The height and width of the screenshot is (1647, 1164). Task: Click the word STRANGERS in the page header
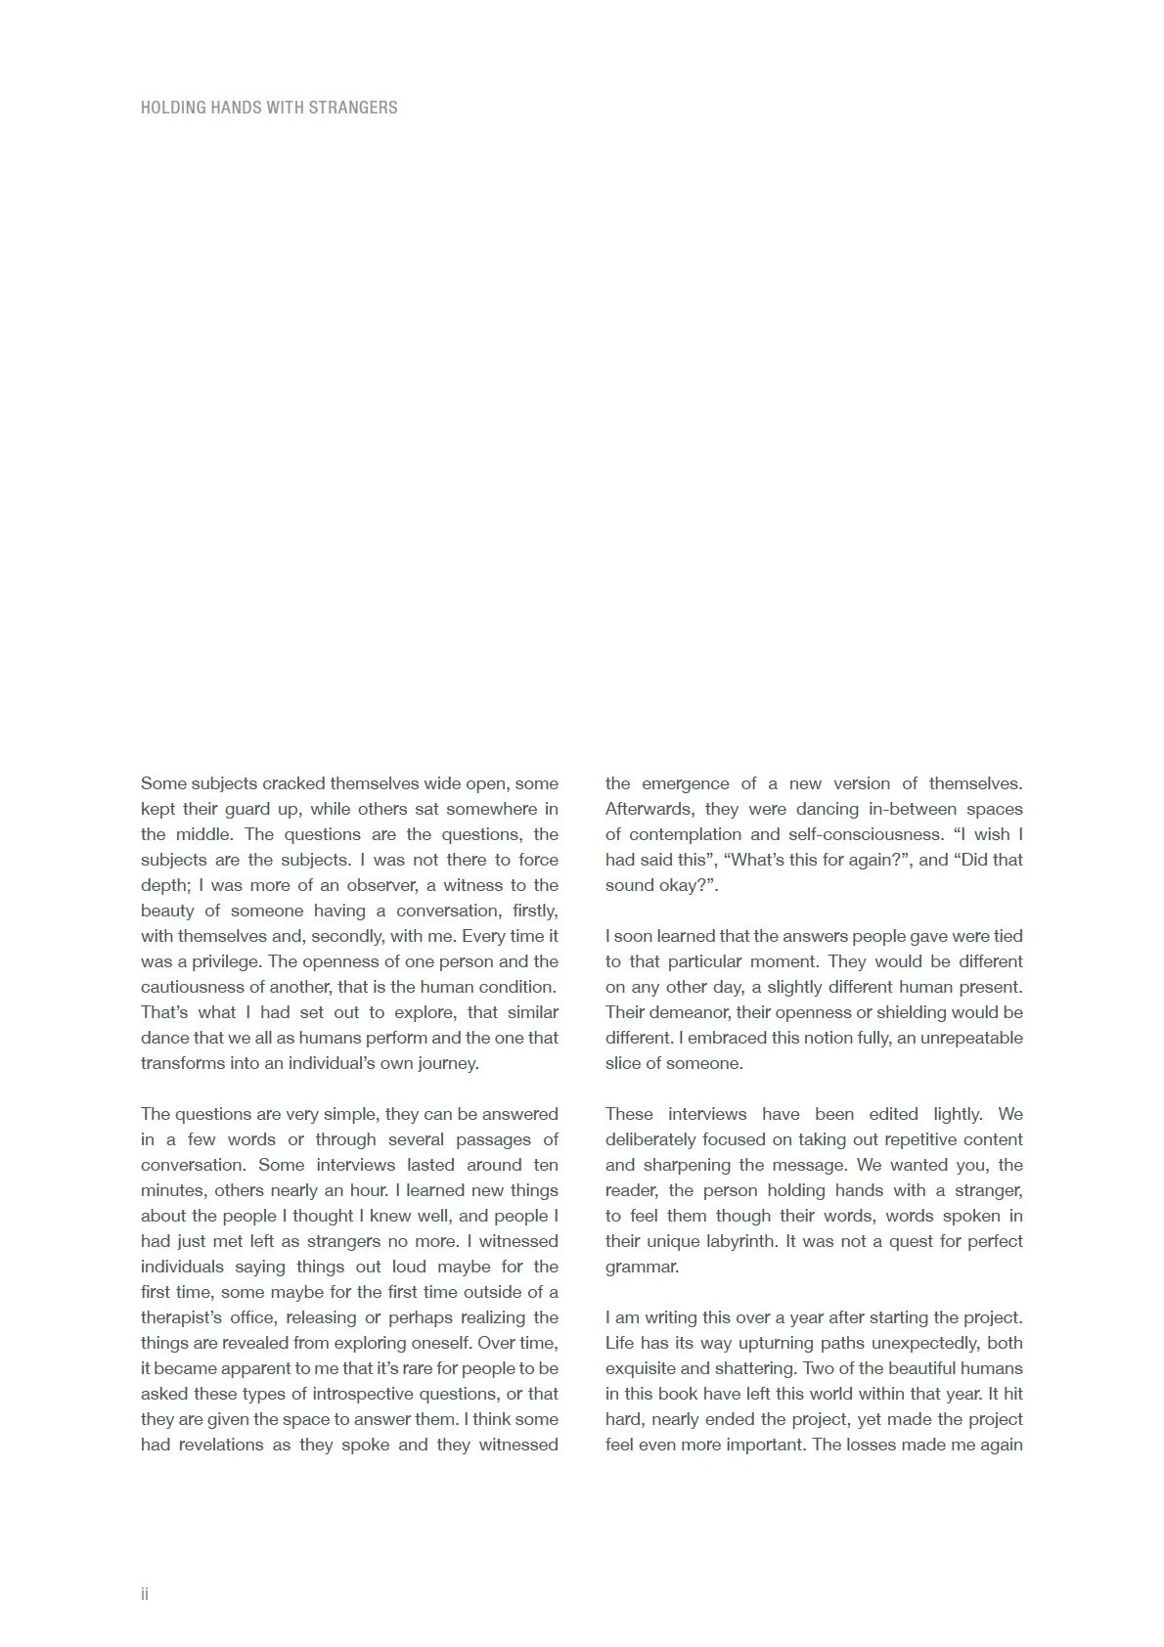point(353,108)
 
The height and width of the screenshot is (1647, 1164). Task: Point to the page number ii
point(145,1594)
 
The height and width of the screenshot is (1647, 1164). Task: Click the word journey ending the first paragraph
point(447,1063)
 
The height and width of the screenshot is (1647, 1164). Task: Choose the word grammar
point(642,1267)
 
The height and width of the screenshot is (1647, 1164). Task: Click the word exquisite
point(641,1368)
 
